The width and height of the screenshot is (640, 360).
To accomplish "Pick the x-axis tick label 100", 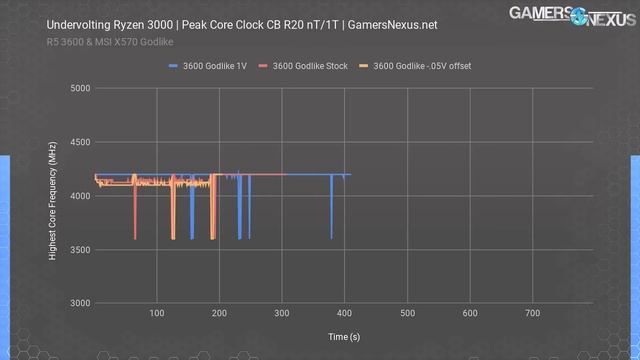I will click(x=157, y=314).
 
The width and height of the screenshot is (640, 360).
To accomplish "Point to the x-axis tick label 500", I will click(x=408, y=314).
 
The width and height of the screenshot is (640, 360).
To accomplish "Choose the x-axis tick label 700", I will click(x=533, y=314).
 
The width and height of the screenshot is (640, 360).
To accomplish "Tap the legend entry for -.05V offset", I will click(x=420, y=66).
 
